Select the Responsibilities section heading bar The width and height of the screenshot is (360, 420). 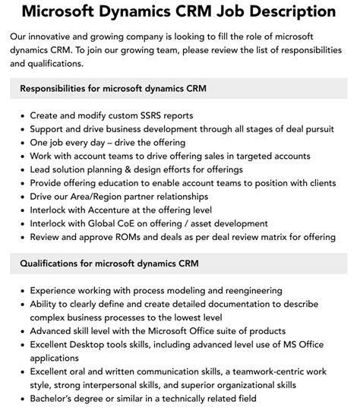pyautogui.click(x=179, y=88)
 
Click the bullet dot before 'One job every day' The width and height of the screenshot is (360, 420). pyautogui.click(x=21, y=143)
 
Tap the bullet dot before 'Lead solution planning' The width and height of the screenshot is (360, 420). pyautogui.click(x=21, y=169)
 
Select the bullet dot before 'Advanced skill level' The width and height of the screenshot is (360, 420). pyautogui.click(x=21, y=331)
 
